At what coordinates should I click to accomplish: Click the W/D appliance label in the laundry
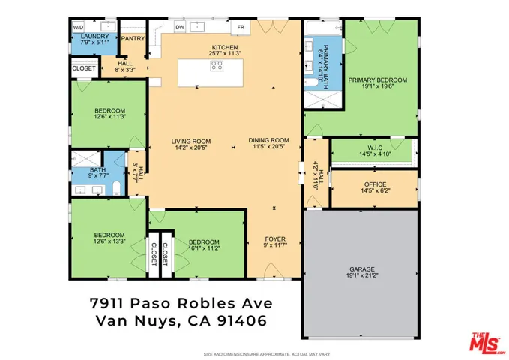[x=79, y=26]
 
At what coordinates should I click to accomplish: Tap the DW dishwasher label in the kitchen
[x=179, y=27]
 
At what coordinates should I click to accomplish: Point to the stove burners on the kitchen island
[x=217, y=65]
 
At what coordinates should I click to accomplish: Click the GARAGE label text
[x=361, y=268]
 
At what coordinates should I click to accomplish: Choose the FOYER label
[x=274, y=239]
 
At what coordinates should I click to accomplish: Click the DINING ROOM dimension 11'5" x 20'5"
[x=268, y=148]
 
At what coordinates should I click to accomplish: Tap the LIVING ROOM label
[x=190, y=140]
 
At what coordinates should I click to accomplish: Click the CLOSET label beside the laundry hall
[x=84, y=68]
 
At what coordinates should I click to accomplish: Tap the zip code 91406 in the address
[x=243, y=321]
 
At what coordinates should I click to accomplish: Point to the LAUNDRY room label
[x=94, y=36]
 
